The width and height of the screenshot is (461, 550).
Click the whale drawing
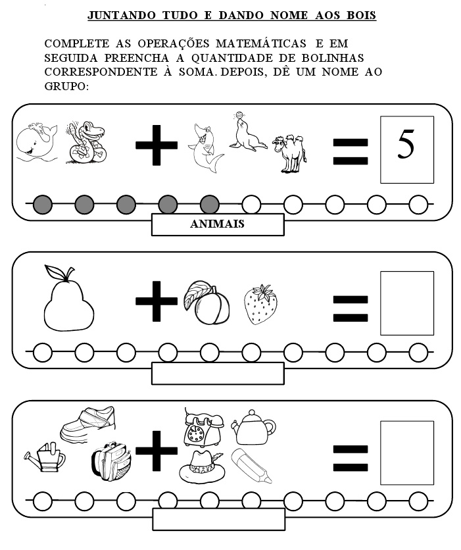point(36,141)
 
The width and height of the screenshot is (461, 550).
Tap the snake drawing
point(86,142)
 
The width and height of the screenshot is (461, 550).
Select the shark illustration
point(206,148)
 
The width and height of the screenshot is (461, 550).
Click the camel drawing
point(289,153)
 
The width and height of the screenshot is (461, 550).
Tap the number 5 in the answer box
point(406,144)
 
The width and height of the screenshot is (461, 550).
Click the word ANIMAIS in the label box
point(218,224)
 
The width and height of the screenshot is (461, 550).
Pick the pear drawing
point(68,298)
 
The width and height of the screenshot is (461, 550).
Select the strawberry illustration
point(260,305)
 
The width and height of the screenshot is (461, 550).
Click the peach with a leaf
point(207,303)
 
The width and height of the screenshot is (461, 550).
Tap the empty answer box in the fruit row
point(407,303)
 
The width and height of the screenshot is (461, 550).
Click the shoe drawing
point(87,424)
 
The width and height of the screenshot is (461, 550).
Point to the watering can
point(45,457)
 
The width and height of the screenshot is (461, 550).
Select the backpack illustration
point(111,461)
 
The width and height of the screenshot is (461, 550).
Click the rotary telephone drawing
point(203,427)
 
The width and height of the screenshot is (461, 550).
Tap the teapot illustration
point(253,427)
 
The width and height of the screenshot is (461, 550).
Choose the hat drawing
point(202,467)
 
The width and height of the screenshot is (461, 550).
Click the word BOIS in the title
point(362,15)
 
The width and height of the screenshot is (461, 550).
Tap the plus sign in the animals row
point(157,145)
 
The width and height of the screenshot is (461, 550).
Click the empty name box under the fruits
point(218,374)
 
